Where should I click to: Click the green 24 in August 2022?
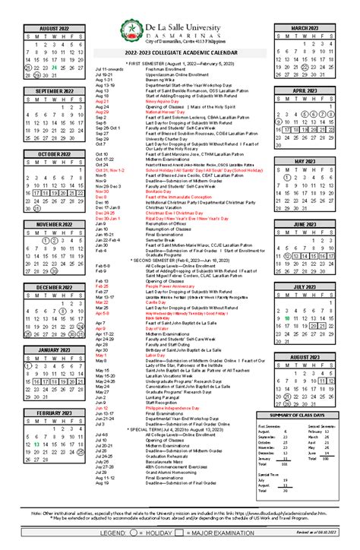click(54, 67)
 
